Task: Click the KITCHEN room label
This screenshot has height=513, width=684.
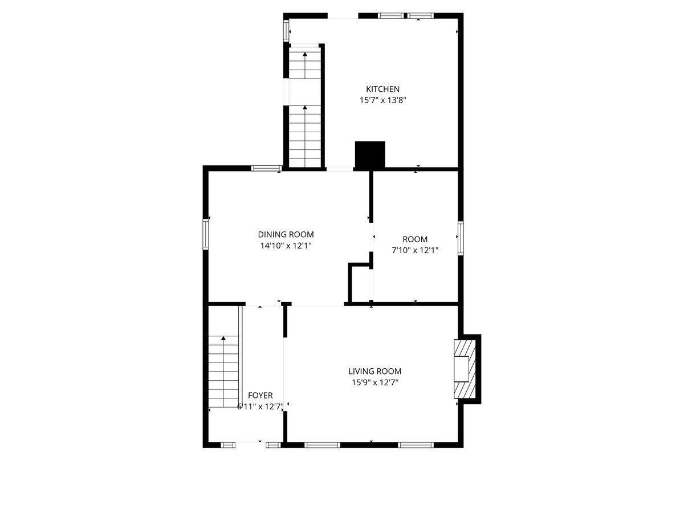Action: pyautogui.click(x=382, y=89)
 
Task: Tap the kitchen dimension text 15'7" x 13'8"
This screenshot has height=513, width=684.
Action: pyautogui.click(x=382, y=100)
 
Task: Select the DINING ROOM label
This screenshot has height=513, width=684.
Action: pyautogui.click(x=286, y=234)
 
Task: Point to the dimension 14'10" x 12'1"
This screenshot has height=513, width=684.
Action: pyautogui.click(x=286, y=246)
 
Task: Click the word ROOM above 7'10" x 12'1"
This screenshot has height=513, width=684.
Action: pyautogui.click(x=414, y=239)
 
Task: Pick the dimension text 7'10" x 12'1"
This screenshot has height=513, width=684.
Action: pyautogui.click(x=414, y=250)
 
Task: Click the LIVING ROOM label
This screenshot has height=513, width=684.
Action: pyautogui.click(x=374, y=372)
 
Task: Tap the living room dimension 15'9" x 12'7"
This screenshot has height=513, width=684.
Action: pyautogui.click(x=374, y=382)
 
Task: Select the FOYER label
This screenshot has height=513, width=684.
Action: pyautogui.click(x=260, y=395)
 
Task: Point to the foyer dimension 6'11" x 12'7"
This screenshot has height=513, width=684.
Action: pyautogui.click(x=260, y=406)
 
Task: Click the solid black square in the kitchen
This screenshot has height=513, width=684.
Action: pyautogui.click(x=370, y=154)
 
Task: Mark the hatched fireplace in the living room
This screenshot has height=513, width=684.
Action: pyautogui.click(x=464, y=369)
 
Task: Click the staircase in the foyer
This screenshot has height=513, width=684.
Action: pyautogui.click(x=223, y=370)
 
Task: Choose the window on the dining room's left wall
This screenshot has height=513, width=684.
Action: pyautogui.click(x=206, y=234)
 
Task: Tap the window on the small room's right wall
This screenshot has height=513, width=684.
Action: pyautogui.click(x=460, y=238)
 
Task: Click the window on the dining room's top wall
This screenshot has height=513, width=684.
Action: pyautogui.click(x=266, y=168)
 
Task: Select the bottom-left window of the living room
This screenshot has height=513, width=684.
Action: pyautogui.click(x=315, y=445)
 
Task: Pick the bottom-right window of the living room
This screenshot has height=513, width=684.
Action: pyautogui.click(x=416, y=445)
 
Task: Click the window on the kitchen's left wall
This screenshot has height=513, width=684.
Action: pyautogui.click(x=287, y=31)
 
